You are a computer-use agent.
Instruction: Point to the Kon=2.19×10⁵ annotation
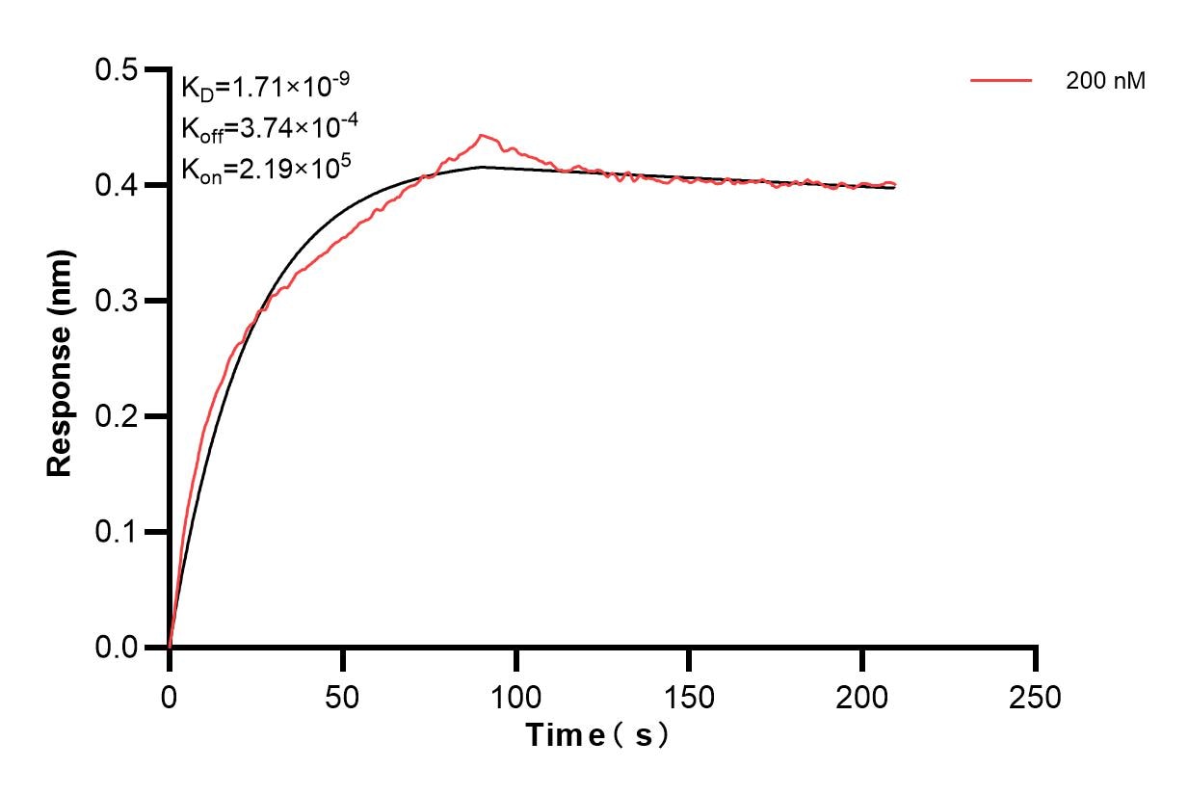[266, 169]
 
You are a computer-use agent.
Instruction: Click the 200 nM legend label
[1105, 82]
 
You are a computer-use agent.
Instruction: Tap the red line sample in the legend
[1001, 81]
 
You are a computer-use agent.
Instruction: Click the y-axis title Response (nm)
[61, 361]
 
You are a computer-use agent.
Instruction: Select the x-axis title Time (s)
[597, 735]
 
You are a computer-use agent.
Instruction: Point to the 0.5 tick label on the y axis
[119, 69]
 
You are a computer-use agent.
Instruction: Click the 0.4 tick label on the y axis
[119, 185]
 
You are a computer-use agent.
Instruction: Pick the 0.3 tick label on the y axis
[119, 301]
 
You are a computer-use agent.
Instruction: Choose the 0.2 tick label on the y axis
[119, 416]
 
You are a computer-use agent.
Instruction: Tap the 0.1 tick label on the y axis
[119, 532]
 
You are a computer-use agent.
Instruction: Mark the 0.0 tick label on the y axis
[119, 648]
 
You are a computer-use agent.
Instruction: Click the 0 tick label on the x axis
[170, 696]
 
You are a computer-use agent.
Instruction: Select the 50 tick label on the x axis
[343, 696]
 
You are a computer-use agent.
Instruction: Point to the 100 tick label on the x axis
[516, 696]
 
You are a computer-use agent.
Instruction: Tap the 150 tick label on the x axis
[689, 696]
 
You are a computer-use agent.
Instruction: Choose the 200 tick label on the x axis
[862, 696]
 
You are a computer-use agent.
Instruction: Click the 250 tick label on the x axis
[1036, 696]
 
